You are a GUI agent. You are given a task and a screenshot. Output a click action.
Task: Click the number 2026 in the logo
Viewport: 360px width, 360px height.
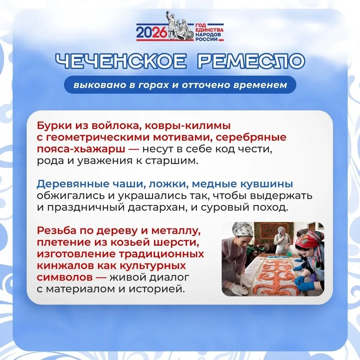pos(151,32)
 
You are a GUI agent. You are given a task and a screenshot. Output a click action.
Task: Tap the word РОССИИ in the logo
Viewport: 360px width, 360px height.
pos(206,39)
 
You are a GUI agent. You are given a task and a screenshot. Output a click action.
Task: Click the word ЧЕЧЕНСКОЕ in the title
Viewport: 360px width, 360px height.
pos(121,61)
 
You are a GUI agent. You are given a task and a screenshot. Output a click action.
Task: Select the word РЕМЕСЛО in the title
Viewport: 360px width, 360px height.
pos(251,61)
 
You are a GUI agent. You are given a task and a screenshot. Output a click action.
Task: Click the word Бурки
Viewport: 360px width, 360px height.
pos(54,126)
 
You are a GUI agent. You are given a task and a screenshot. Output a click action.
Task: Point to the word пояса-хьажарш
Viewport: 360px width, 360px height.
pos(81,149)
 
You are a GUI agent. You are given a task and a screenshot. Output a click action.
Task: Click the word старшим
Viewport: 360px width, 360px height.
pos(172,161)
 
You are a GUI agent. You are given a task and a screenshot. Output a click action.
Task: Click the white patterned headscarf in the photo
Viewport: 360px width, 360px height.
pos(243,229)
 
